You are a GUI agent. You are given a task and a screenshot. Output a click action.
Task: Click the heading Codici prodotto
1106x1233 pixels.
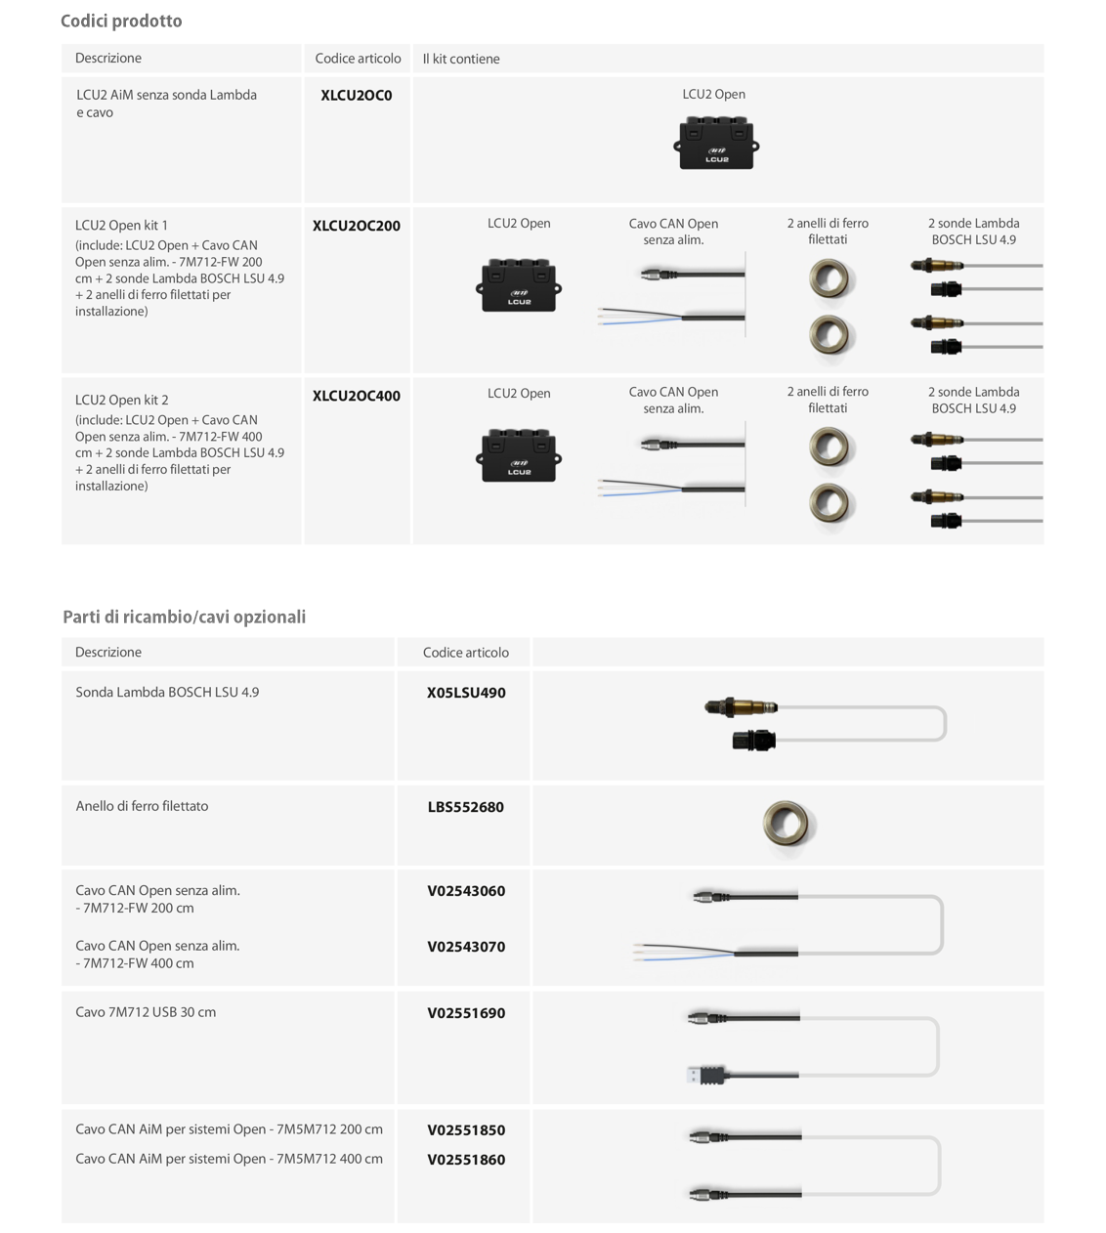[121, 21]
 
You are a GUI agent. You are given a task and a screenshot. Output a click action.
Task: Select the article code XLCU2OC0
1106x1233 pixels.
[357, 96]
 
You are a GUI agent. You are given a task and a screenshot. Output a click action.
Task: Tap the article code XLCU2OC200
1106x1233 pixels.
[357, 226]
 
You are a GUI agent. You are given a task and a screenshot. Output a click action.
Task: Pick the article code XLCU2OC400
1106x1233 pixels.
[357, 396]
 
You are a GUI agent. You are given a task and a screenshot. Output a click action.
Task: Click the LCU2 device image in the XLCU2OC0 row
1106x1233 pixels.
[716, 144]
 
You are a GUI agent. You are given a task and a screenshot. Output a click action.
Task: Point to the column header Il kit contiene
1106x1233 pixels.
[461, 59]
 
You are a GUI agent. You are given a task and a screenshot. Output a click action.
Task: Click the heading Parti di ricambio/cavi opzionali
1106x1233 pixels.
[184, 616]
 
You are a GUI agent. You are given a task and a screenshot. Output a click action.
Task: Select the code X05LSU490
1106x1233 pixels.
[466, 693]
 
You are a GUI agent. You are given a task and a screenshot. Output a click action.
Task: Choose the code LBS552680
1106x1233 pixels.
[466, 807]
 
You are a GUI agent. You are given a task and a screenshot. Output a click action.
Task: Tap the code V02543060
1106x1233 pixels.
[466, 891]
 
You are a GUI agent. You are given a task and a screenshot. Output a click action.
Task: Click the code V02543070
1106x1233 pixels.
[466, 947]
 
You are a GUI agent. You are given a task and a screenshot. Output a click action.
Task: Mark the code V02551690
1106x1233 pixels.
[466, 1013]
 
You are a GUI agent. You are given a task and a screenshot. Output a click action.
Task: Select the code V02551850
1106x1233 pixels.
[466, 1130]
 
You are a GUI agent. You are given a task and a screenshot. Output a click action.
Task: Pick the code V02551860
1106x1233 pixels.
[466, 1160]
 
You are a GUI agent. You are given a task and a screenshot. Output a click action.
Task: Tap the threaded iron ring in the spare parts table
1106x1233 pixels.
[788, 824]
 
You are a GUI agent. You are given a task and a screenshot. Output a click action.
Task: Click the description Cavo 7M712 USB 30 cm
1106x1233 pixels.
[146, 1012]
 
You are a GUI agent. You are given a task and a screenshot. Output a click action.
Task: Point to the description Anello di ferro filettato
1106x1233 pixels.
[142, 806]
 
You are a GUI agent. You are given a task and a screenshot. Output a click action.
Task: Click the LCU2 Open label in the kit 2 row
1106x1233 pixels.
[519, 394]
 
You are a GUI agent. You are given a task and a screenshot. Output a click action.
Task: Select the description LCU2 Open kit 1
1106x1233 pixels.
[121, 225]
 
